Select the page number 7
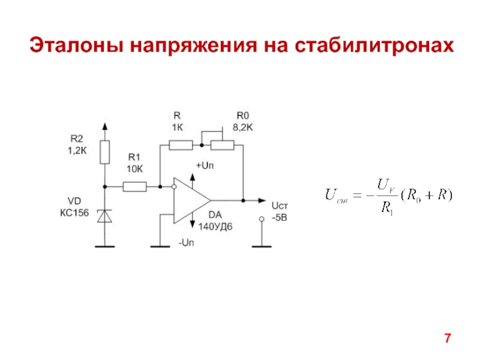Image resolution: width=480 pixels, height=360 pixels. pyautogui.click(x=447, y=338)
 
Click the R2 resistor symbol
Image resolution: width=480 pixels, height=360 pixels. pyautogui.click(x=105, y=152)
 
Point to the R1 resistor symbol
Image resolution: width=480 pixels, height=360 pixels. pyautogui.click(x=134, y=187)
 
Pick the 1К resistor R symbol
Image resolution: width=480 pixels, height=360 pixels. pyautogui.click(x=181, y=145)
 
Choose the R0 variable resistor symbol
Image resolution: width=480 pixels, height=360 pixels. pyautogui.click(x=223, y=145)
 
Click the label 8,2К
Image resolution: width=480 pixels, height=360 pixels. pyautogui.click(x=243, y=127)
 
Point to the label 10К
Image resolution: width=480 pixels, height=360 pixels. pyautogui.click(x=134, y=169)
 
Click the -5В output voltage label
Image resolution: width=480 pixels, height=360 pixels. pyautogui.click(x=280, y=216)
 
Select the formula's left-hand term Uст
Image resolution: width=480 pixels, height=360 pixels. pyautogui.click(x=334, y=195)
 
